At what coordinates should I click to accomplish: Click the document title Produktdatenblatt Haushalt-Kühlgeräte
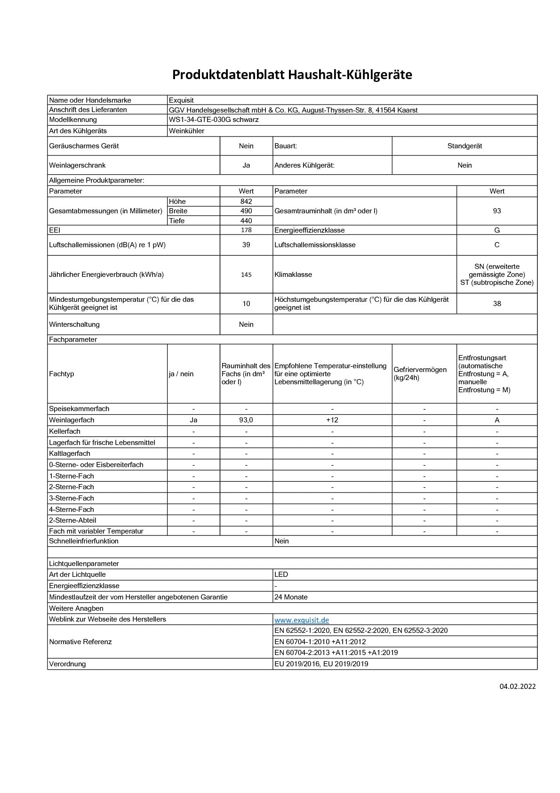pos(292,75)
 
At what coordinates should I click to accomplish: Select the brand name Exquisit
pos(181,100)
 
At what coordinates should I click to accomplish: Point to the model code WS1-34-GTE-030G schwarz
pos(214,120)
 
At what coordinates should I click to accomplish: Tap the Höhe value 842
pos(246,202)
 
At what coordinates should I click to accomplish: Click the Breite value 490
pos(246,211)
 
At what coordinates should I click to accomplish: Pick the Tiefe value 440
pos(246,221)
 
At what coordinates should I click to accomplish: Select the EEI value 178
pos(246,230)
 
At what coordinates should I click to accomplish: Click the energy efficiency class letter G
pos(497,230)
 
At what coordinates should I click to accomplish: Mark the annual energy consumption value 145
pos(246,275)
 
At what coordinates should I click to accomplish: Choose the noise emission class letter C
pos(497,245)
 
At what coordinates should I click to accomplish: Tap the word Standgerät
pos(464,146)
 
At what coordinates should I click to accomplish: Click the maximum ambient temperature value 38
pos(497,304)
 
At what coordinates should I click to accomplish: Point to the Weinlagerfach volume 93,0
pos(246,420)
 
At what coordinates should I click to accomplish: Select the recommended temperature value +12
pos(332,420)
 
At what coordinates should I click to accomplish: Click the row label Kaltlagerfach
pos(70,453)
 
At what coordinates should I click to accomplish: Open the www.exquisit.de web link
pos(302,620)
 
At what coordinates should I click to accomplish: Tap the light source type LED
pos(281,575)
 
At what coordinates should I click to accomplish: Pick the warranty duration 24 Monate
pos(291,597)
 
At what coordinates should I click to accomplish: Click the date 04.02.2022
pos(518,687)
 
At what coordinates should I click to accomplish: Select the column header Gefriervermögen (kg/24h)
pos(420,373)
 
